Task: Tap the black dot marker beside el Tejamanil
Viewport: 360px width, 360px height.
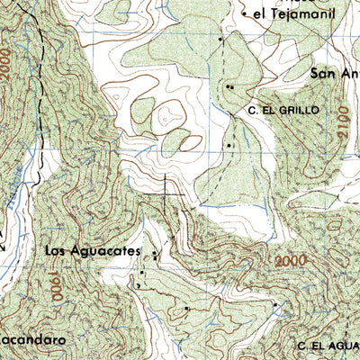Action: click(x=220, y=40)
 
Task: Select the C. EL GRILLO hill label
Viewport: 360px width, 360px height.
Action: click(x=284, y=109)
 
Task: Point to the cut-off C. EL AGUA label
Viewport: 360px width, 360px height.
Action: click(x=328, y=346)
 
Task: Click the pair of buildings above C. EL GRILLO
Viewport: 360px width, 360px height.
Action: click(x=230, y=87)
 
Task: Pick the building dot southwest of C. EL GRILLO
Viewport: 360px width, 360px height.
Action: click(x=229, y=144)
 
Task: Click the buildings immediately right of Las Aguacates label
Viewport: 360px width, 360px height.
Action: click(x=155, y=255)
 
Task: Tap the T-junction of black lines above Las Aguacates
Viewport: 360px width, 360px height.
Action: click(x=166, y=193)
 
